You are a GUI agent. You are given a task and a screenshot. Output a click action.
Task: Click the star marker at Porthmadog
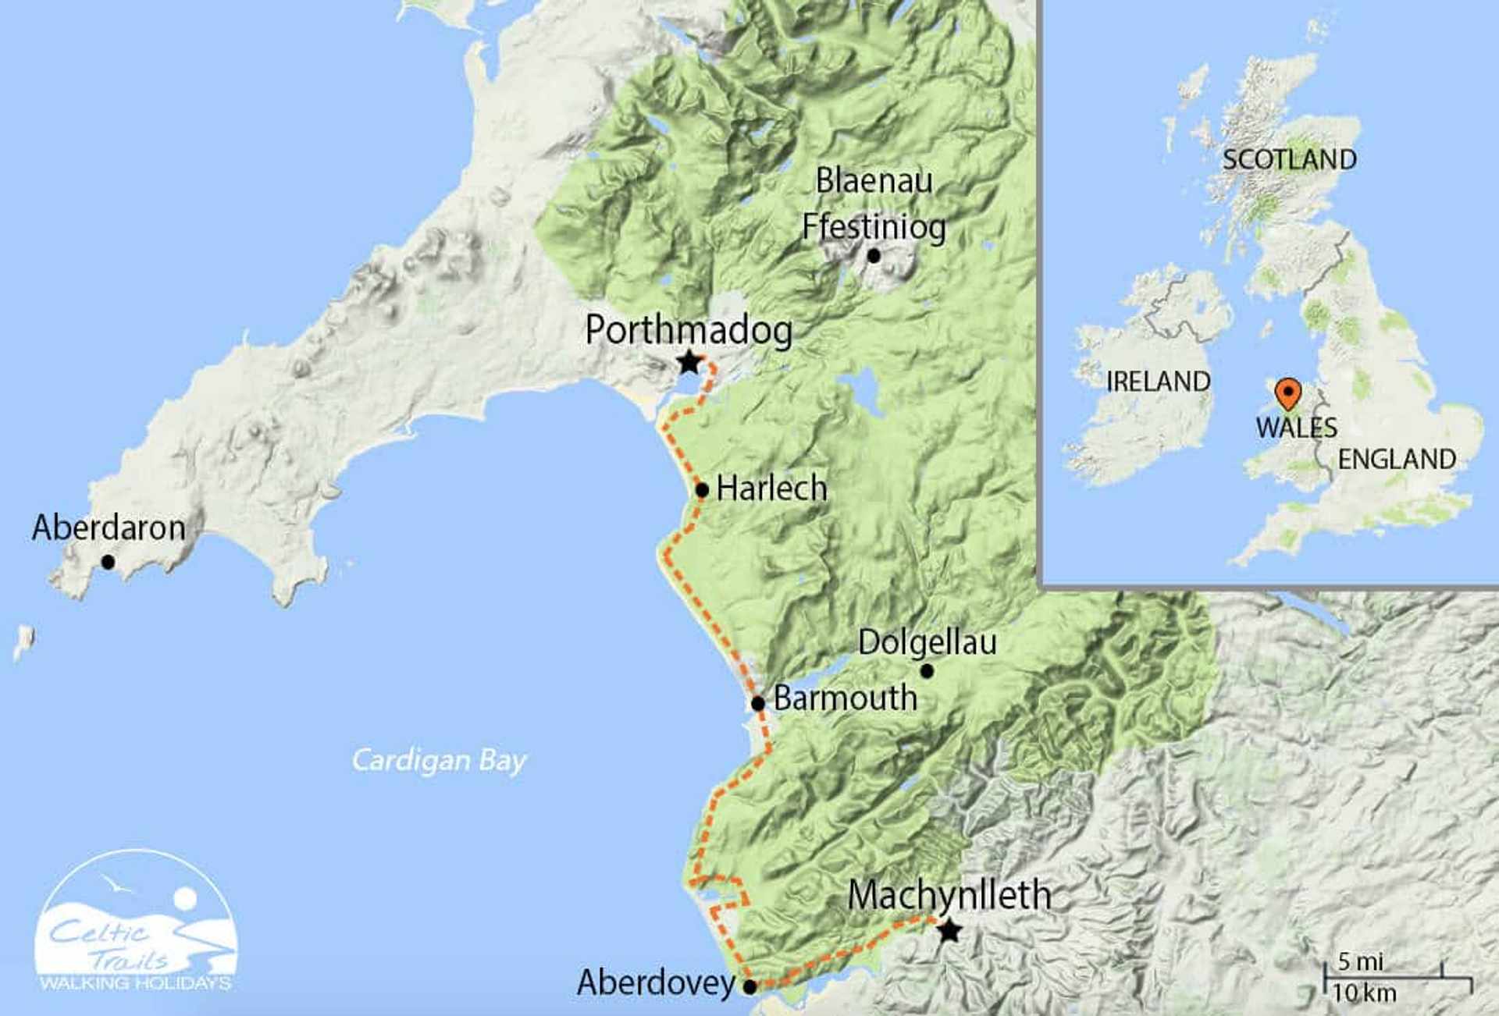(689, 363)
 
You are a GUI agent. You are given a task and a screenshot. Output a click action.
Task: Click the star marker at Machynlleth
(949, 930)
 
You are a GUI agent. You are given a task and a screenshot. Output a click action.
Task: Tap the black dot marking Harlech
(702, 490)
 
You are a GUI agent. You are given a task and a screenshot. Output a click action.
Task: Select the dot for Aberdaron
(108, 562)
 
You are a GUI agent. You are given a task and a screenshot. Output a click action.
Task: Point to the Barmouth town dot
(757, 703)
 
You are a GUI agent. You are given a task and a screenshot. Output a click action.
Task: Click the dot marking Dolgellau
(927, 671)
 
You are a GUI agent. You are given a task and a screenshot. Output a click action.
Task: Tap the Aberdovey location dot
(749, 986)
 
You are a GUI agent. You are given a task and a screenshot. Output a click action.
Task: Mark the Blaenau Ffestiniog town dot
(874, 255)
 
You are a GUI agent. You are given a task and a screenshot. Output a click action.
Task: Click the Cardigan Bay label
(439, 760)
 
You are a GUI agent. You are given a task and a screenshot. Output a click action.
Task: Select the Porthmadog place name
(689, 329)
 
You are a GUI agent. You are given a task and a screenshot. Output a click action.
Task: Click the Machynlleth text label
(949, 894)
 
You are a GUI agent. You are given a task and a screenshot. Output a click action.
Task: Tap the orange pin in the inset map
(1287, 392)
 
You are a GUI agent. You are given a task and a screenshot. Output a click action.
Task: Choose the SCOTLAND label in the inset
(1289, 160)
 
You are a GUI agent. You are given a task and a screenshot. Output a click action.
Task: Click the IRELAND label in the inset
(1158, 382)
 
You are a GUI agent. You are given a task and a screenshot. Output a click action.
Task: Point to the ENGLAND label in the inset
(1397, 459)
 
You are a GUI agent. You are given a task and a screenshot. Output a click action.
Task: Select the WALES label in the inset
(1296, 428)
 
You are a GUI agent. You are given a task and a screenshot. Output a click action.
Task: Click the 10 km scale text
(1364, 993)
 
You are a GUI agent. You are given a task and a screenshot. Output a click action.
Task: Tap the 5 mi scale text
(1360, 961)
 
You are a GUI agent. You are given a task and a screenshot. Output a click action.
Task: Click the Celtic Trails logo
(136, 925)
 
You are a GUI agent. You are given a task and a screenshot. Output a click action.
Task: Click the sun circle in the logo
(185, 898)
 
